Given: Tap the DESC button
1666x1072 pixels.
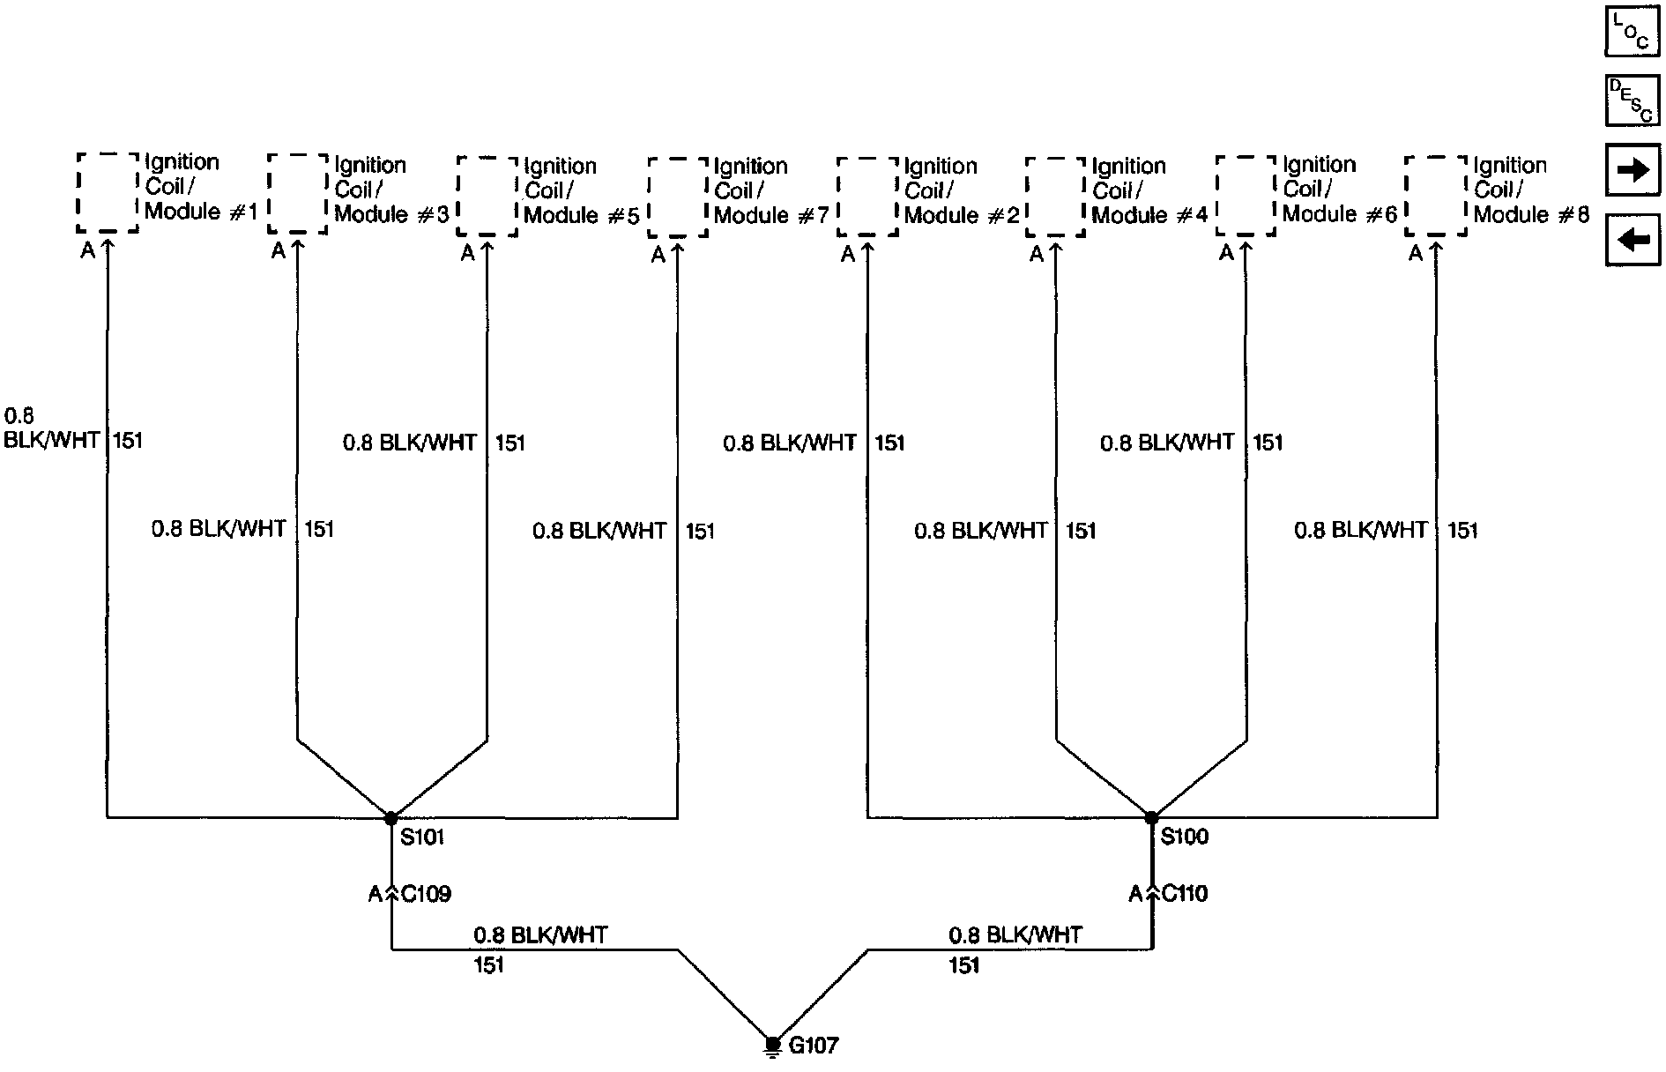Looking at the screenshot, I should pos(1631,100).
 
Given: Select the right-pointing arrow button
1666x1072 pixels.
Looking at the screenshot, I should pos(1632,169).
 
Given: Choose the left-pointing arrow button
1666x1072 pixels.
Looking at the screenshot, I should pos(1632,239).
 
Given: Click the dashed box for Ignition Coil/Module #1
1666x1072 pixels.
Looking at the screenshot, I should pos(108,192).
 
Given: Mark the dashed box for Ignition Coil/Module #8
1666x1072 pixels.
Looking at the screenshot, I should pos(1436,196).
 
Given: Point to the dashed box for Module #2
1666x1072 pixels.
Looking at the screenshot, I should pos(867,197).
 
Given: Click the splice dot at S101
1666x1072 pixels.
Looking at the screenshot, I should pos(391,818).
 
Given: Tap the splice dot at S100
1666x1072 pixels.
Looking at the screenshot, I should pos(1151,818).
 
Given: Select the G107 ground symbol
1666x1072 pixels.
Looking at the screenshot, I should pos(773,1046).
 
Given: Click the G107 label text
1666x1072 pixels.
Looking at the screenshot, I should pos(814,1046).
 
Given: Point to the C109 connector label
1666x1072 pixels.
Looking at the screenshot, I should pos(427,895).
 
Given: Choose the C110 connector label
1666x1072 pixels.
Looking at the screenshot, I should pos(1186,894).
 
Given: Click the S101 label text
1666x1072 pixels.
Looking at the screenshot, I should pos(422,837).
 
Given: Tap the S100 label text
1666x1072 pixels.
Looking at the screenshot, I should pos(1184,837).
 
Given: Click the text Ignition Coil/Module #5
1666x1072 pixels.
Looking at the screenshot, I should pos(581,190).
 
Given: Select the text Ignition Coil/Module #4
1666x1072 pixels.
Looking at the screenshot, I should pos(1149,190).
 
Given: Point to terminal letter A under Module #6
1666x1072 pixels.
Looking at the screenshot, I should pos(1226,254).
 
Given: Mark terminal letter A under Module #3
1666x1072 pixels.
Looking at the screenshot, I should pos(278,252).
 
